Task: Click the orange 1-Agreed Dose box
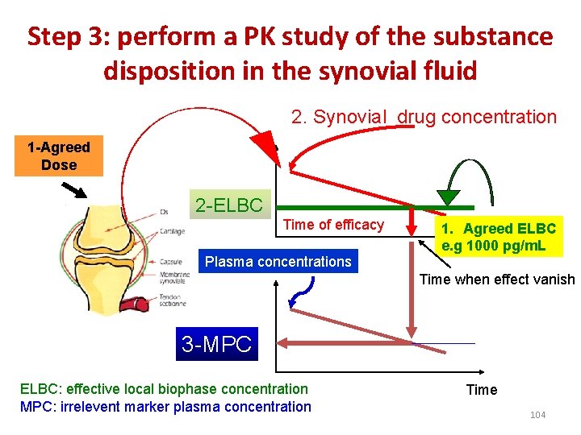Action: pyautogui.click(x=58, y=156)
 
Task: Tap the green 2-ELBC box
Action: pyautogui.click(x=229, y=205)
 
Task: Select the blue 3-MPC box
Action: pyautogui.click(x=216, y=345)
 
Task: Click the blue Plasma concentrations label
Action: pyautogui.click(x=278, y=261)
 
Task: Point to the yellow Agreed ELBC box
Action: pyautogui.click(x=498, y=238)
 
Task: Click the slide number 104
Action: pyautogui.click(x=537, y=414)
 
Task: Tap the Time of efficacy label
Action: pyautogui.click(x=333, y=225)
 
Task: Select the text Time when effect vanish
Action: pyautogui.click(x=497, y=280)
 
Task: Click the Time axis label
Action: pyautogui.click(x=482, y=390)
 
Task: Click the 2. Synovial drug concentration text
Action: pyautogui.click(x=424, y=117)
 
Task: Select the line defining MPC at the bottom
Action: pyautogui.click(x=444, y=344)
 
